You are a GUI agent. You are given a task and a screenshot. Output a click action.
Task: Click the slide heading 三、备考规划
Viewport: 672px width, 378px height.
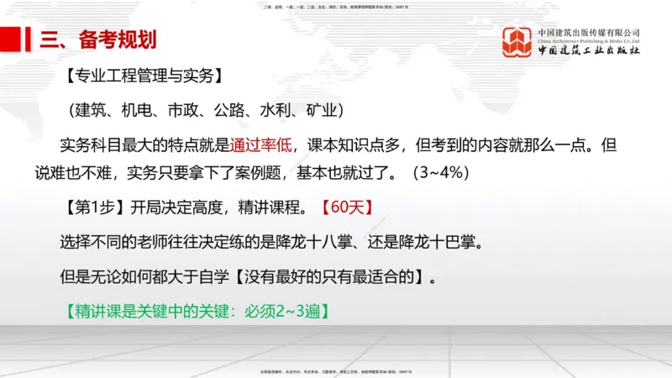[x=92, y=39]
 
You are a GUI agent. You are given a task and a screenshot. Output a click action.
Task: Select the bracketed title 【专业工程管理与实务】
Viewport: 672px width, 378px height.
[x=142, y=77]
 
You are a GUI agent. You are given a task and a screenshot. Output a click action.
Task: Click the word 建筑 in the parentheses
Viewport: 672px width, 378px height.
[x=92, y=111]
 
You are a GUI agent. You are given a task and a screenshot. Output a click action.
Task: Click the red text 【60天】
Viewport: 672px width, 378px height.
[x=346, y=207]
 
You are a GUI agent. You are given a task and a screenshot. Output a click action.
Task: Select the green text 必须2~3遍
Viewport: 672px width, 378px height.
[x=282, y=311]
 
